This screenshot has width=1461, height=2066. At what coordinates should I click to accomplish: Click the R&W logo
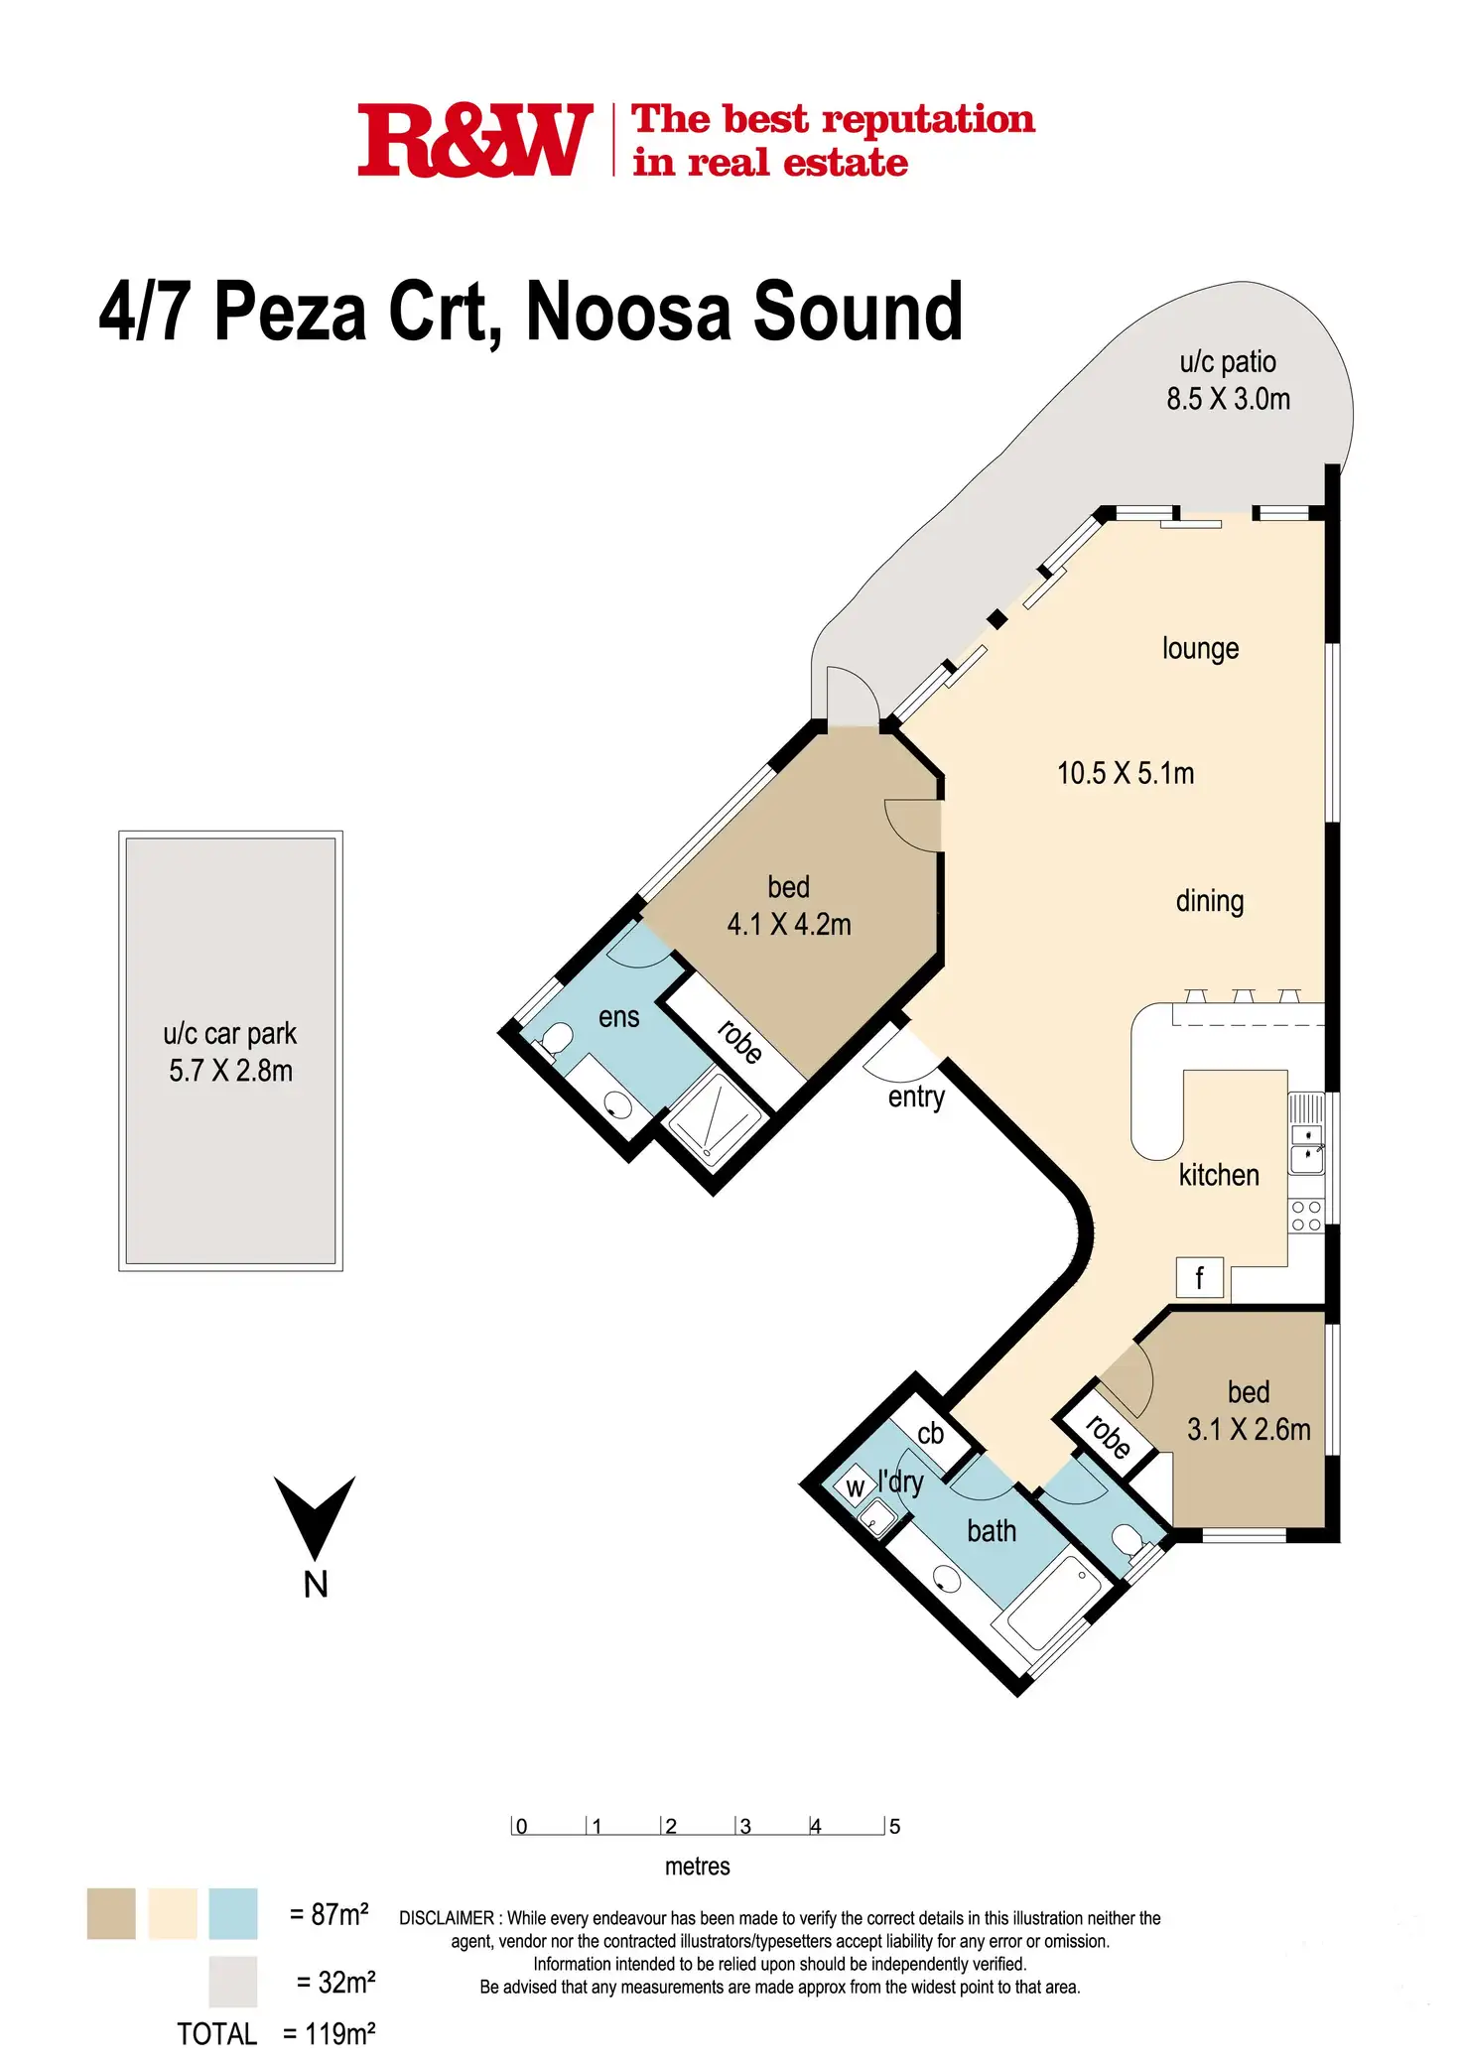coord(474,141)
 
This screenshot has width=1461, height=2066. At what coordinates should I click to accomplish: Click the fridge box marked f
coord(1199,1278)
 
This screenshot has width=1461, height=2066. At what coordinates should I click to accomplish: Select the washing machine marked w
coord(855,1487)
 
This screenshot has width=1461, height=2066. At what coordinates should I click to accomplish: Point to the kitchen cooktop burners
coord(1306,1216)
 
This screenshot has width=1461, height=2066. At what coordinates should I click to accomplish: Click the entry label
coord(916,1097)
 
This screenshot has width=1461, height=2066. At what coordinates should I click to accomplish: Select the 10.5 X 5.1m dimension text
coord(1126,773)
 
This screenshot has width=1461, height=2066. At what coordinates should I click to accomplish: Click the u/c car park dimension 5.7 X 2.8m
coord(230,1071)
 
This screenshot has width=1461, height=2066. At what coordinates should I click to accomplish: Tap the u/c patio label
coord(1228,362)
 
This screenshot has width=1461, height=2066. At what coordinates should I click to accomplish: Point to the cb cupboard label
coord(931,1433)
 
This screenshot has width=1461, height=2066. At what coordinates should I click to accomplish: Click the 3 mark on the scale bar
coord(744,1827)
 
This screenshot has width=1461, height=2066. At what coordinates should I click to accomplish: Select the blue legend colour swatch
coord(233,1913)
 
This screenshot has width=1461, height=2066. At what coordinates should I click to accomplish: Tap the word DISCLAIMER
coord(447,1918)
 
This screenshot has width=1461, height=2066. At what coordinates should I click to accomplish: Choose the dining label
coord(1209,901)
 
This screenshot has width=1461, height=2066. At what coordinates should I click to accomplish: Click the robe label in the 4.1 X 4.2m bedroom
coord(739,1042)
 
